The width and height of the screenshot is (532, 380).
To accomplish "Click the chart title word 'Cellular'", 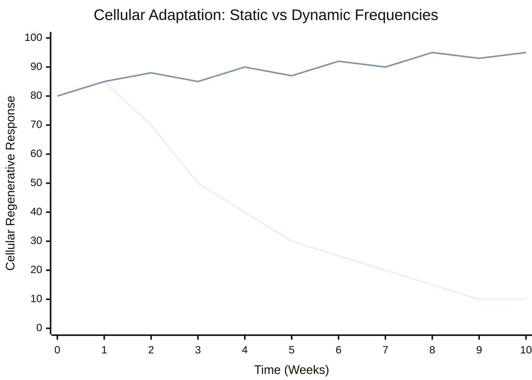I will tap(120, 15).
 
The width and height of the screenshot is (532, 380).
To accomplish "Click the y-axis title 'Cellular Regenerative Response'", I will tap(11, 183).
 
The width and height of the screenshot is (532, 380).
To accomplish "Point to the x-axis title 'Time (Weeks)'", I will tap(291, 369).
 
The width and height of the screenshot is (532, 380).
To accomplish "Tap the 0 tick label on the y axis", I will tap(39, 328).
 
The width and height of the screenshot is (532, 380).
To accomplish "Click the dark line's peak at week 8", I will tap(432, 52).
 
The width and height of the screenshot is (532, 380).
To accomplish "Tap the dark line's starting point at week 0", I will tap(57, 96).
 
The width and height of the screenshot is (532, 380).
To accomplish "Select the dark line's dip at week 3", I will tap(198, 81).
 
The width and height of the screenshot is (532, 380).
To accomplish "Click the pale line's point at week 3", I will tap(198, 183).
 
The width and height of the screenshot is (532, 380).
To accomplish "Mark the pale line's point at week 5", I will tap(292, 241).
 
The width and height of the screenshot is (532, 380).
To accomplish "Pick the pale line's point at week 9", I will tap(479, 299).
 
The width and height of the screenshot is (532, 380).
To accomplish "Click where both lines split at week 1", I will tap(104, 81).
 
